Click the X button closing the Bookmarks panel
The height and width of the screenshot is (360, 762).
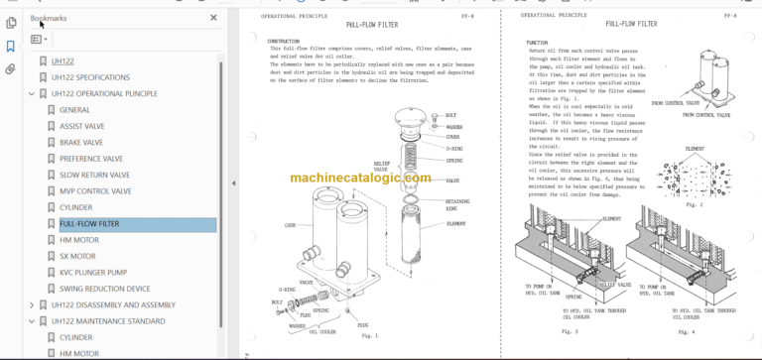pyautogui.click(x=213, y=17)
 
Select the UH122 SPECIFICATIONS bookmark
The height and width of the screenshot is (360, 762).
pyautogui.click(x=90, y=77)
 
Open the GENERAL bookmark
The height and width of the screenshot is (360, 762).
pyautogui.click(x=74, y=110)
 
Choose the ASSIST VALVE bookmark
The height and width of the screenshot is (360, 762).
pyautogui.click(x=81, y=126)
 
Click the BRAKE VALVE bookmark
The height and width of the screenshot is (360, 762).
pyautogui.click(x=80, y=142)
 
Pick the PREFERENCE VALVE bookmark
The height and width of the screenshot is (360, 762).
pyautogui.click(x=91, y=159)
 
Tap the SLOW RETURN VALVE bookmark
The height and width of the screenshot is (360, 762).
pyautogui.click(x=95, y=175)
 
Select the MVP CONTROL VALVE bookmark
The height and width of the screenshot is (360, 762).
pyautogui.click(x=94, y=190)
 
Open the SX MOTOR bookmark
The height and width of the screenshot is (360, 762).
pyautogui.click(x=77, y=256)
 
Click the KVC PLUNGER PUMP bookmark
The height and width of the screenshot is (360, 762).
pyautogui.click(x=93, y=272)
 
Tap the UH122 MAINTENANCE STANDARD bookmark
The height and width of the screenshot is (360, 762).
pyautogui.click(x=108, y=321)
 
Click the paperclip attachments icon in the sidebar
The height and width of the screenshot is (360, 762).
pyautogui.click(x=11, y=69)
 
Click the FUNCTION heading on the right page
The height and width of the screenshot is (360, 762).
pyautogui.click(x=539, y=44)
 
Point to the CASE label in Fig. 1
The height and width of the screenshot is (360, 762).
pyautogui.click(x=291, y=225)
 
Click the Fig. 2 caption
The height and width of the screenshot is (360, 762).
pyautogui.click(x=694, y=204)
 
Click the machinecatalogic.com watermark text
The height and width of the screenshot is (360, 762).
pyautogui.click(x=360, y=179)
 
